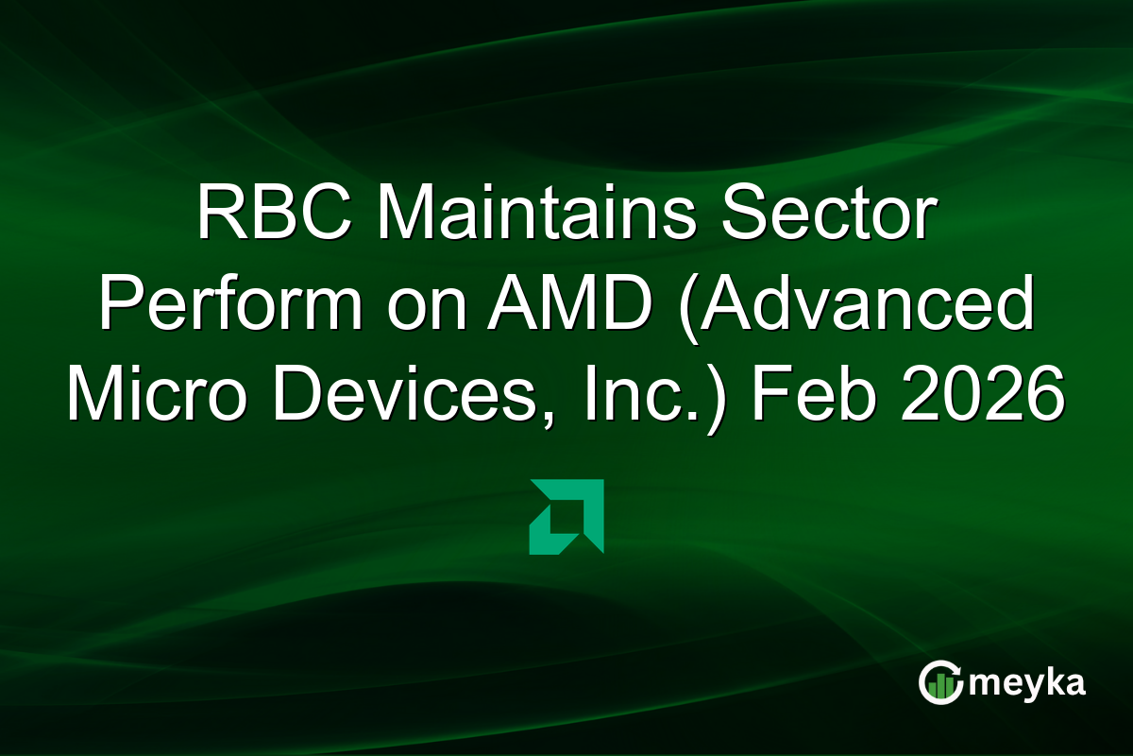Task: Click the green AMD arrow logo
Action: click(566, 516)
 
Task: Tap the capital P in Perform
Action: click(121, 304)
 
